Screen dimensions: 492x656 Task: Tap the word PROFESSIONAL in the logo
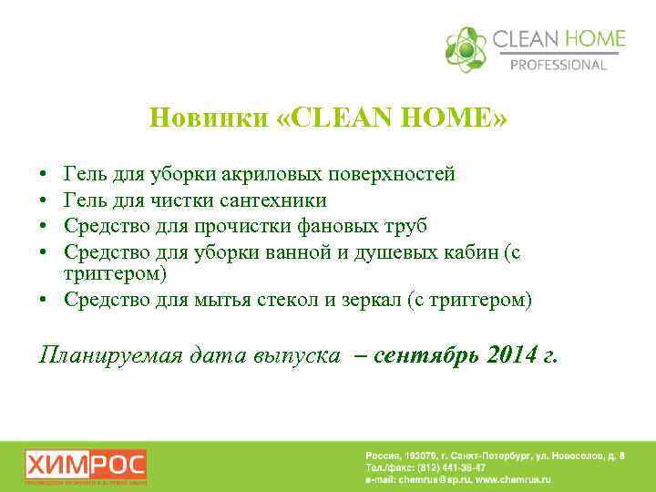coord(559,65)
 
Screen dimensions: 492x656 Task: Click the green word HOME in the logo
coord(594,39)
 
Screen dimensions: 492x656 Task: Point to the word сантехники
coord(274,199)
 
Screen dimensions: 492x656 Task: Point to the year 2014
coord(512,355)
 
